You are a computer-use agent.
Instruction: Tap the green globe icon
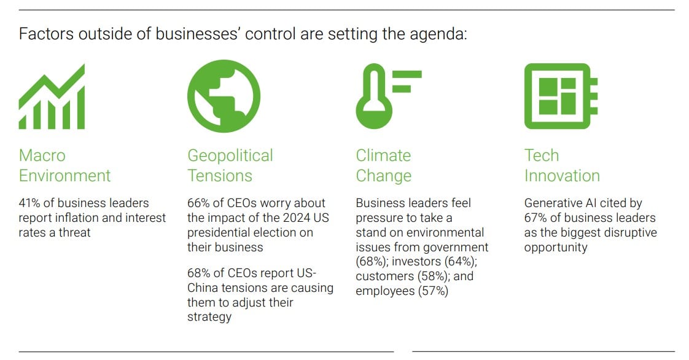coord(224,96)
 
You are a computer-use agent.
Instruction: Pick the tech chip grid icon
coord(561,96)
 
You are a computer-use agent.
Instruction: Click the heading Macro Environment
coord(64,165)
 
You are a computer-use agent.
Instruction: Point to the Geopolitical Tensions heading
coord(230,165)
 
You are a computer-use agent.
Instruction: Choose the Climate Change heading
coord(383,166)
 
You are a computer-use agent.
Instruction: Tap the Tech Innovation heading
coord(561,165)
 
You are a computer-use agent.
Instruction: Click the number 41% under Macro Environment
coord(29,203)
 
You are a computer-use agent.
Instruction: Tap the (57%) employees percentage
coord(433,291)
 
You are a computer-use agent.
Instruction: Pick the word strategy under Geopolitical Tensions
coord(209,318)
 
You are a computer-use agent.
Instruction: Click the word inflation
coord(77,218)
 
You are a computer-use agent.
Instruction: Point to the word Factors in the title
coord(46,34)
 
